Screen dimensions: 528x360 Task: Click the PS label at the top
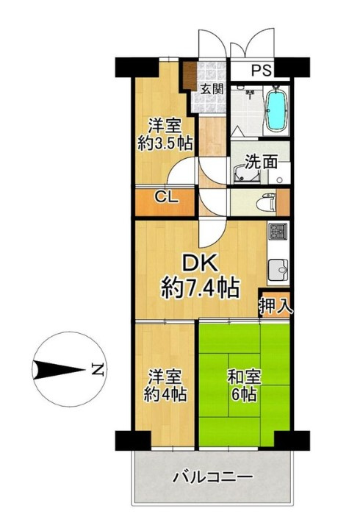pyautogui.click(x=262, y=71)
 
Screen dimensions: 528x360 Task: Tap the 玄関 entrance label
pyautogui.click(x=215, y=88)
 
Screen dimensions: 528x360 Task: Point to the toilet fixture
pyautogui.click(x=265, y=200)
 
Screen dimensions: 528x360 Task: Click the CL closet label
pyautogui.click(x=164, y=197)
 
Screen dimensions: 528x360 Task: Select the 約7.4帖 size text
pyautogui.click(x=200, y=288)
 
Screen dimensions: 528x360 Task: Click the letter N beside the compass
pyautogui.click(x=95, y=370)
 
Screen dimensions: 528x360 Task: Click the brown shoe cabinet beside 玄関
pyautogui.click(x=190, y=76)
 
